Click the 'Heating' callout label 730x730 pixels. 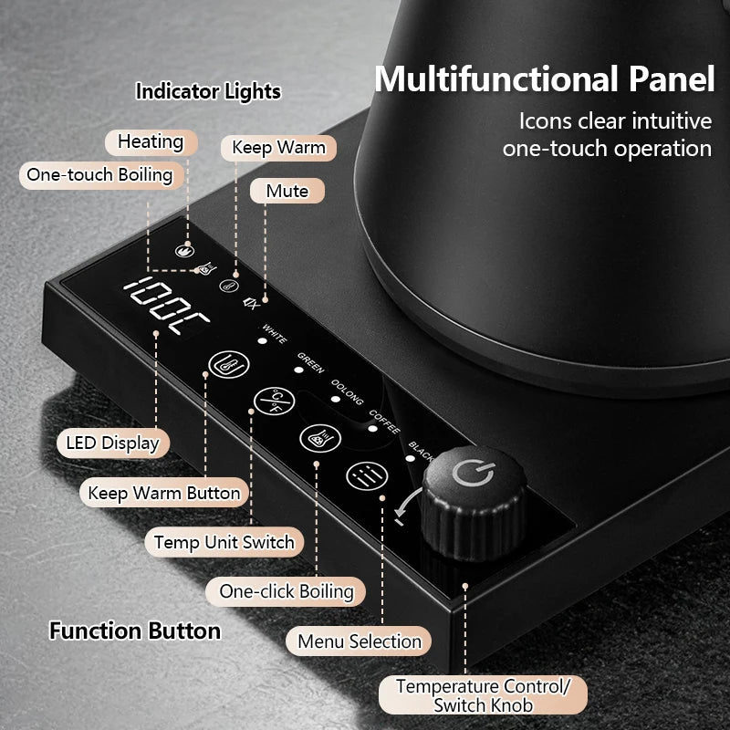tap(151, 142)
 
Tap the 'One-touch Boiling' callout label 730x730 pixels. tap(100, 175)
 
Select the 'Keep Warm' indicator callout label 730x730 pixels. tap(278, 148)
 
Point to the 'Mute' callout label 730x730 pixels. tap(287, 191)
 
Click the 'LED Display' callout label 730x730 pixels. tap(112, 443)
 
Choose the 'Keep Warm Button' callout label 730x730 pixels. tap(164, 493)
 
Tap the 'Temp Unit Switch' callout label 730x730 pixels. tap(224, 542)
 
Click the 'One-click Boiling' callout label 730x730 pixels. tap(286, 591)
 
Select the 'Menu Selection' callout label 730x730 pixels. tap(359, 641)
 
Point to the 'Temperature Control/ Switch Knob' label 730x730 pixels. tap(483, 695)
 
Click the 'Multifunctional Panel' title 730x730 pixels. tap(544, 78)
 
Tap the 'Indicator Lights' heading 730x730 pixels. tap(208, 91)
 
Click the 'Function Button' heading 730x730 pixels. tap(135, 631)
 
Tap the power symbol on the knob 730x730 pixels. tap(473, 473)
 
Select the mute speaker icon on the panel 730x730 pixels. tap(250, 304)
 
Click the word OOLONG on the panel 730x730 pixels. tap(348, 391)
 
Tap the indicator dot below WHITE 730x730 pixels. tap(263, 340)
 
